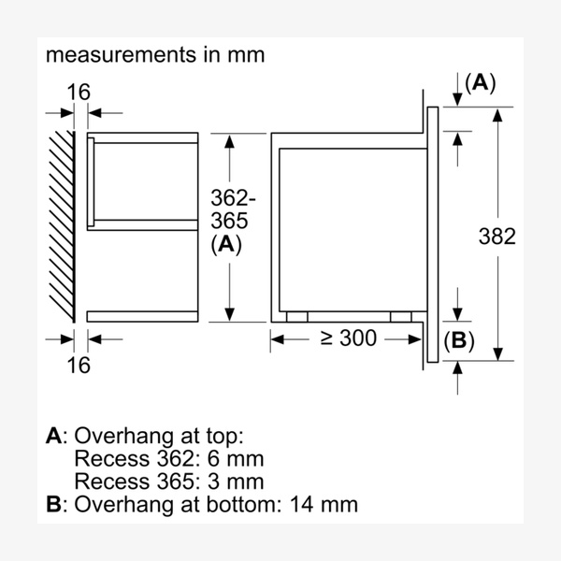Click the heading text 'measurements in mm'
tap(155, 55)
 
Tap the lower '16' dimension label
tap(79, 365)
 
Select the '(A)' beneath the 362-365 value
tap(227, 245)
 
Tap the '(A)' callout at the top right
tap(480, 82)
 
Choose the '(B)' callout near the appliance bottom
tap(458, 341)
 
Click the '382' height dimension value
tap(496, 237)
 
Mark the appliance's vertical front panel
tap(433, 234)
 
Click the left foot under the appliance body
tap(296, 317)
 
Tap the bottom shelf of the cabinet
tap(142, 316)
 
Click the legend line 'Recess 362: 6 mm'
tap(167, 459)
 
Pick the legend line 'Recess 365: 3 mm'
tap(167, 482)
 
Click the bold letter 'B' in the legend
tap(53, 505)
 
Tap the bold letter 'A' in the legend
tap(53, 436)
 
